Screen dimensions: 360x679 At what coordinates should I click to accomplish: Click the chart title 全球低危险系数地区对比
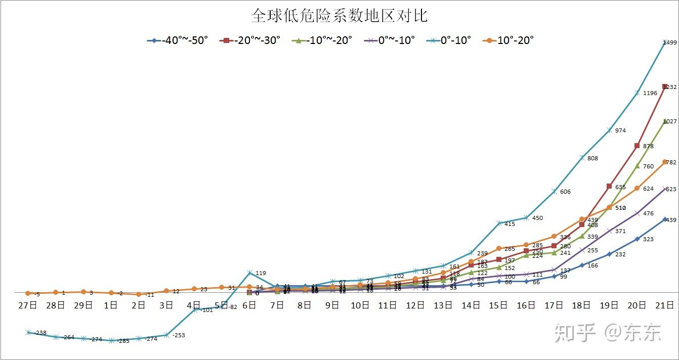339,16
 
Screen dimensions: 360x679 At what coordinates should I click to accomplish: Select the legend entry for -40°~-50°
178,40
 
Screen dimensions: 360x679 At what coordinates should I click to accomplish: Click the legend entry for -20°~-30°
250,40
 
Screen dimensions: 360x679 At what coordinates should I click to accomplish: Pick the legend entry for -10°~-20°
322,40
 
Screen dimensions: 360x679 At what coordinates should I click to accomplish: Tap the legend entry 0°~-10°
390,40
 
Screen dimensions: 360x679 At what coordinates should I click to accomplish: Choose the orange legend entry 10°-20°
508,40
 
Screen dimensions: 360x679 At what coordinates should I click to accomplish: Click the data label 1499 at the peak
669,43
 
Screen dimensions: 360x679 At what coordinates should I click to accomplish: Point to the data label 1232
670,87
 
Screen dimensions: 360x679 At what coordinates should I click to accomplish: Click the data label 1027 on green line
670,121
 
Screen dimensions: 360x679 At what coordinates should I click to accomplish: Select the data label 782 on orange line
671,163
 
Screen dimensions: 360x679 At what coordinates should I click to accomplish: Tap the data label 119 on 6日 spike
261,273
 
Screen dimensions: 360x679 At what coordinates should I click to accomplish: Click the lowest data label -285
123,341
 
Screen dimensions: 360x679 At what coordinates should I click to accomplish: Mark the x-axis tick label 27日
28,305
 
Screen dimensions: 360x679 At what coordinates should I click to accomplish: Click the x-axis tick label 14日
471,305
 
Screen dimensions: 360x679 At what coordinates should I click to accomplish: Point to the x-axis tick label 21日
665,305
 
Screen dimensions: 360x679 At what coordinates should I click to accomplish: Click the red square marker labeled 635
609,186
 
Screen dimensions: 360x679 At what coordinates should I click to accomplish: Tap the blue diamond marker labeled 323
637,239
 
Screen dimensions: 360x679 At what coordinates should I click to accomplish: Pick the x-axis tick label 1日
111,305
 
